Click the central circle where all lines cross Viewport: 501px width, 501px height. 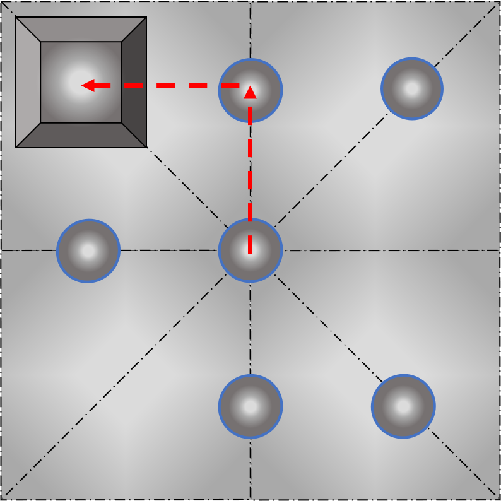[x=250, y=250]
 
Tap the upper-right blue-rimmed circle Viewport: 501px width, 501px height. [x=412, y=88]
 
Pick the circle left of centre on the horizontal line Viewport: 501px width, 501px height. [x=88, y=250]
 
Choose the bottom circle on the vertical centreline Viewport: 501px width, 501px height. [x=250, y=406]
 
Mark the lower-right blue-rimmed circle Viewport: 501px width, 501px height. [x=403, y=406]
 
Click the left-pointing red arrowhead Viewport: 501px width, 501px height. [x=88, y=85]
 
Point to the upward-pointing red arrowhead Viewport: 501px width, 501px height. [x=250, y=93]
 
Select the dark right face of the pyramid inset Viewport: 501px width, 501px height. [x=134, y=82]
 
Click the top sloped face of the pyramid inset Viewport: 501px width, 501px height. [x=81, y=29]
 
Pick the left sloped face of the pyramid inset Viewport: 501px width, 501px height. [x=28, y=82]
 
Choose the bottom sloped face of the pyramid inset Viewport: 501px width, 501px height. [x=81, y=135]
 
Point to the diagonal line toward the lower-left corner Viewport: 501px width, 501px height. [x=126, y=375]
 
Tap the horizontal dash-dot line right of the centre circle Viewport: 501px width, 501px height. [x=379, y=250]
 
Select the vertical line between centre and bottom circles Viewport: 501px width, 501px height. [x=250, y=328]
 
